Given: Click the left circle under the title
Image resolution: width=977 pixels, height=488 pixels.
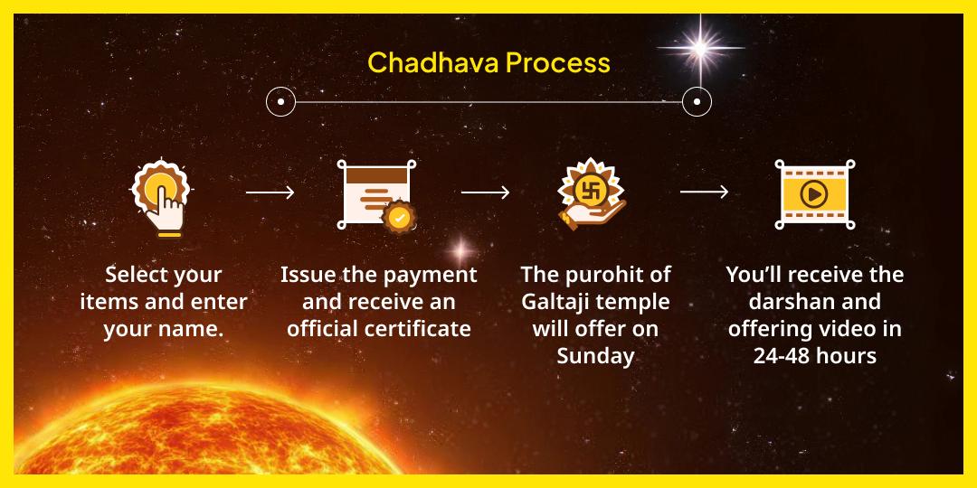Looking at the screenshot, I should pyautogui.click(x=281, y=101).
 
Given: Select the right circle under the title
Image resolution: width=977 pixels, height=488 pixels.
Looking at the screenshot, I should pyautogui.click(x=697, y=101).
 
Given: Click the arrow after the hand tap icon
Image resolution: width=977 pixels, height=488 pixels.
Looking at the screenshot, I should pyautogui.click(x=270, y=192).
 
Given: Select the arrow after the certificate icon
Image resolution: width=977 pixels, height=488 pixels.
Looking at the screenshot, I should pyautogui.click(x=485, y=192).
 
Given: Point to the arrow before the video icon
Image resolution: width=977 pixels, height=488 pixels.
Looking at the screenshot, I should pyautogui.click(x=704, y=192).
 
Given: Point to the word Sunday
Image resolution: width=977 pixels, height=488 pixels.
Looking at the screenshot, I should pyautogui.click(x=595, y=355).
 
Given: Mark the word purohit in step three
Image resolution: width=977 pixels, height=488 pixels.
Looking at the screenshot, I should pyautogui.click(x=611, y=275).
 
